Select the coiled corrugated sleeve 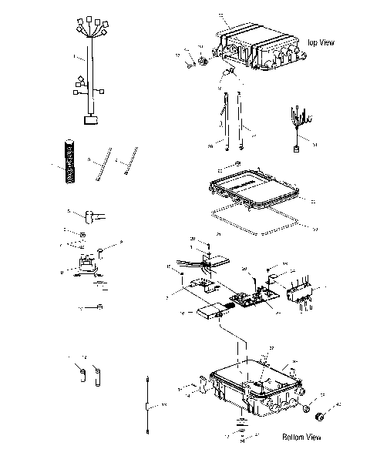[x=69, y=161]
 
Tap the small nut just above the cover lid [x=239, y=164]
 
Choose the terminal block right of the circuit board [x=303, y=293]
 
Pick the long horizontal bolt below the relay [x=92, y=308]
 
